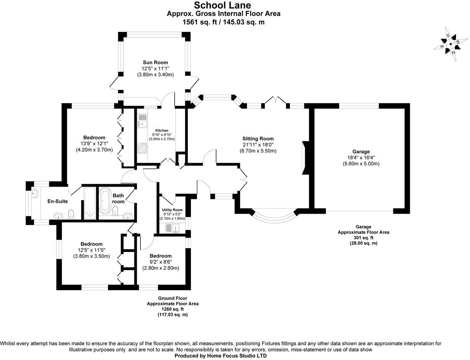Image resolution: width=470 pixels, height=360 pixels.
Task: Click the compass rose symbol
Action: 450,44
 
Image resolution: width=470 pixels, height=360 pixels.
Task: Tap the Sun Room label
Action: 155,63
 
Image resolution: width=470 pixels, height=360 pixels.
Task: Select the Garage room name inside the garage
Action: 361,152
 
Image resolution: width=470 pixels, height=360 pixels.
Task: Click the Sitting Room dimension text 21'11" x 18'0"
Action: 258,145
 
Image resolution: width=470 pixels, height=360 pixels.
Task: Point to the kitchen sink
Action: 142,122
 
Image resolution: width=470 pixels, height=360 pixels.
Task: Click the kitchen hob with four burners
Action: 142,148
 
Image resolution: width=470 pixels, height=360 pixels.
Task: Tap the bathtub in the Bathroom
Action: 105,201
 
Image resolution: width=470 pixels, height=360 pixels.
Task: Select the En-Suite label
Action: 58,201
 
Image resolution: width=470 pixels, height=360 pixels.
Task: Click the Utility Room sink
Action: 172,228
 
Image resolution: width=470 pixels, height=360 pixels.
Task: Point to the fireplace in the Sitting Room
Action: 304,158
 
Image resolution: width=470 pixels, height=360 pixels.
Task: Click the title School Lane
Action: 223,5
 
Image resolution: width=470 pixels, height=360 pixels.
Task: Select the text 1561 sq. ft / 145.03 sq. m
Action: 223,22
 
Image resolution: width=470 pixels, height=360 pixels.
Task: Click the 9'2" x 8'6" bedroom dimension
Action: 160,262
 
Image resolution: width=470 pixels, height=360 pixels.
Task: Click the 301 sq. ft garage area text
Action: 363,238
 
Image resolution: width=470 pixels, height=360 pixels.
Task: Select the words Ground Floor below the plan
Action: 172,298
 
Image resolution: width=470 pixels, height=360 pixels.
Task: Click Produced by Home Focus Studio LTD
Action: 221,356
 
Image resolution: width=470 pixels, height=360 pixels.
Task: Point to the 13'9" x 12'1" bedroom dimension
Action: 94,143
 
